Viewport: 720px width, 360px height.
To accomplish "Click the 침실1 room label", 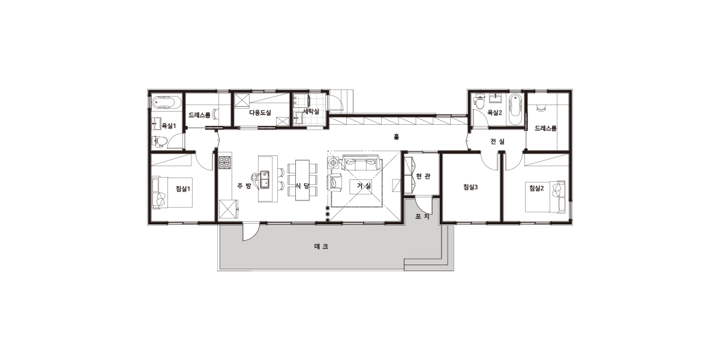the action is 183,188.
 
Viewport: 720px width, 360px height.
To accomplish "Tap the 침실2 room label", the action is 536,188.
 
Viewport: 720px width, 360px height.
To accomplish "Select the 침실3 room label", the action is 470,187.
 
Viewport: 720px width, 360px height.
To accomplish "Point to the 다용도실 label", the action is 260,113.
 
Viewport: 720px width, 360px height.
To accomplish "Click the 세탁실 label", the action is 311,112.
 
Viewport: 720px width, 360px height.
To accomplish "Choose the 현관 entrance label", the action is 423,176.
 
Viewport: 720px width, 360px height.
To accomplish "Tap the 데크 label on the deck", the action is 321,247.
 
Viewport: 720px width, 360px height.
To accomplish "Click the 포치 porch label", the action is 422,217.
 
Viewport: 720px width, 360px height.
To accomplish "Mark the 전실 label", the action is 497,141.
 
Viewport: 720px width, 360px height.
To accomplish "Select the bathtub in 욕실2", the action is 515,110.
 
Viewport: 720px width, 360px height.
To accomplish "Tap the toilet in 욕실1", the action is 160,141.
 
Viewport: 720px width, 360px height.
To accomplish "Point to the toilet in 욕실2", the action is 479,102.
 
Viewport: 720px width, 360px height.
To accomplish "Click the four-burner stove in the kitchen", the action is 225,163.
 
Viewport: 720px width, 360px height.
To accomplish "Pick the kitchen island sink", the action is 265,179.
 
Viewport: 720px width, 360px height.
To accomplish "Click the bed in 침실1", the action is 172,193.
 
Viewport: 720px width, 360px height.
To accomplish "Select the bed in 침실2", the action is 545,196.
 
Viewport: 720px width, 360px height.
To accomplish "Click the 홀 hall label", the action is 397,137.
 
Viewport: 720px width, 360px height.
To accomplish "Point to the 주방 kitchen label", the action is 244,186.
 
